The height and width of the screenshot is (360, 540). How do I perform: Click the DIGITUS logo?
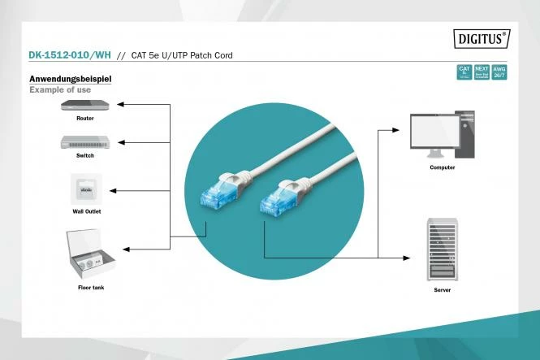[480, 38]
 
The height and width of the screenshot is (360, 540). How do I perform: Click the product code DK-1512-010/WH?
[69, 56]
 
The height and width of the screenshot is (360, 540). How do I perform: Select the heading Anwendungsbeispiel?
[70, 79]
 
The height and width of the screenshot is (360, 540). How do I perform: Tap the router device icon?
[84, 105]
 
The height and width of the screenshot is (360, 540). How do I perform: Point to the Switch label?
[84, 154]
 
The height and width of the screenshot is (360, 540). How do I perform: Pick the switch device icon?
[84, 141]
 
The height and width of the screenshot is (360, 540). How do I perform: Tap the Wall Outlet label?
[85, 210]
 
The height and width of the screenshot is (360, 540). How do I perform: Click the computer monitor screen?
[436, 131]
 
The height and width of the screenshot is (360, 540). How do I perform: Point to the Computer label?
[442, 167]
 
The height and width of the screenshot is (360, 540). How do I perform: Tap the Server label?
[442, 288]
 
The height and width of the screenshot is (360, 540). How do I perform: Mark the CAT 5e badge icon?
[464, 72]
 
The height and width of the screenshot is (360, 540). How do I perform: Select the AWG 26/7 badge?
[499, 72]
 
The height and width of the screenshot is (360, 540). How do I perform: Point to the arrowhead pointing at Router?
[119, 105]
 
